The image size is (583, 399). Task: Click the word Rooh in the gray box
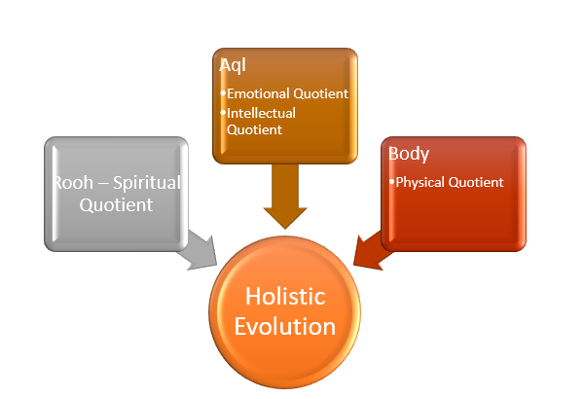[x=74, y=183]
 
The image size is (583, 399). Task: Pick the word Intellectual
[x=261, y=112]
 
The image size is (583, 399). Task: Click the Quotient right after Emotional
[x=321, y=93]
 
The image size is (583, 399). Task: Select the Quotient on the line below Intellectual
[x=254, y=128]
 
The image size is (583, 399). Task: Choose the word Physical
[x=422, y=181]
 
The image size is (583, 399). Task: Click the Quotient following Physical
[x=477, y=181]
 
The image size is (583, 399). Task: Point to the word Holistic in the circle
[x=285, y=294]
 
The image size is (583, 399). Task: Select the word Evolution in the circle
[x=285, y=325]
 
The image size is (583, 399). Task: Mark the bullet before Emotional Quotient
[x=223, y=93]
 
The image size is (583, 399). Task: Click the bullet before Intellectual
[x=223, y=112]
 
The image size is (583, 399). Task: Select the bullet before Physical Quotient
[x=391, y=181]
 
